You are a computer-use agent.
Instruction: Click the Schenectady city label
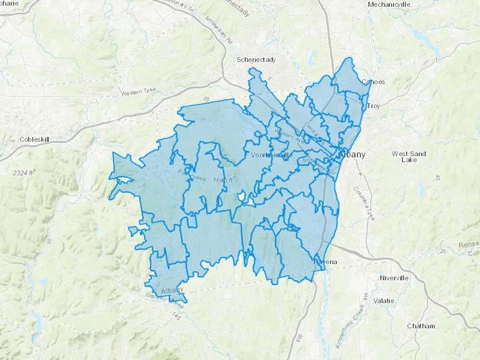(x=256, y=59)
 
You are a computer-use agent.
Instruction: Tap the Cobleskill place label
(x=34, y=139)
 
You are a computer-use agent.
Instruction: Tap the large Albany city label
(x=352, y=154)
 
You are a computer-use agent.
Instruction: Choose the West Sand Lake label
(x=409, y=157)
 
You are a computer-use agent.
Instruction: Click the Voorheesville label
(x=272, y=155)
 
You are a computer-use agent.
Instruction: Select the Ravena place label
(x=325, y=262)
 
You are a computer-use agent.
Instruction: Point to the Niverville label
(x=394, y=278)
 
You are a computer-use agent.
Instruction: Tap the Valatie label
(x=383, y=301)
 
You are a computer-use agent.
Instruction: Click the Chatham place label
(x=421, y=326)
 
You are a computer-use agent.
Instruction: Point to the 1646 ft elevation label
(x=224, y=180)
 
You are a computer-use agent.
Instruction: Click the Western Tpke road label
(x=138, y=92)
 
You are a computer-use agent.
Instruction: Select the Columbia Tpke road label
(x=364, y=203)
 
